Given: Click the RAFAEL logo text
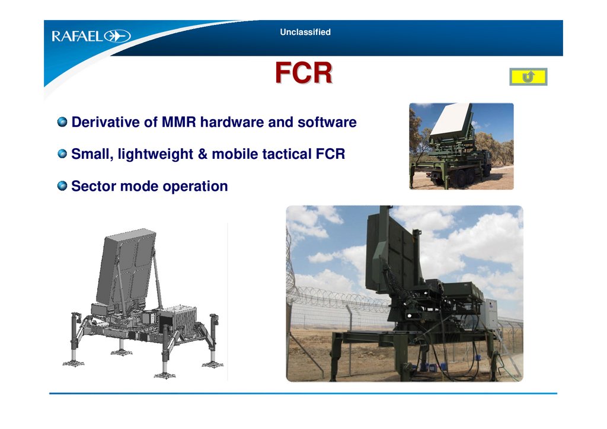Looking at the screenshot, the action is (x=78, y=36).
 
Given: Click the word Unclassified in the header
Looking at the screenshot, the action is (x=305, y=32).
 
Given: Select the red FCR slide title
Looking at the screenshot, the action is (x=303, y=72).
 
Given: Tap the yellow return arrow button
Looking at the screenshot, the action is (x=528, y=76).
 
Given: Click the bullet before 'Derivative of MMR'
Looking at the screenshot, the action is (x=62, y=122).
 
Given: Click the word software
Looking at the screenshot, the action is (x=327, y=122).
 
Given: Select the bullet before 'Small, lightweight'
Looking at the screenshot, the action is (x=62, y=153).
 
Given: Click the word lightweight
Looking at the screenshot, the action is (x=155, y=154).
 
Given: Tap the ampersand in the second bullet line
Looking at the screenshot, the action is (x=203, y=154).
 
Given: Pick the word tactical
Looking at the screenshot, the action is (x=286, y=154).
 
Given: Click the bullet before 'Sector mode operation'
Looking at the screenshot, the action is (x=62, y=185).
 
